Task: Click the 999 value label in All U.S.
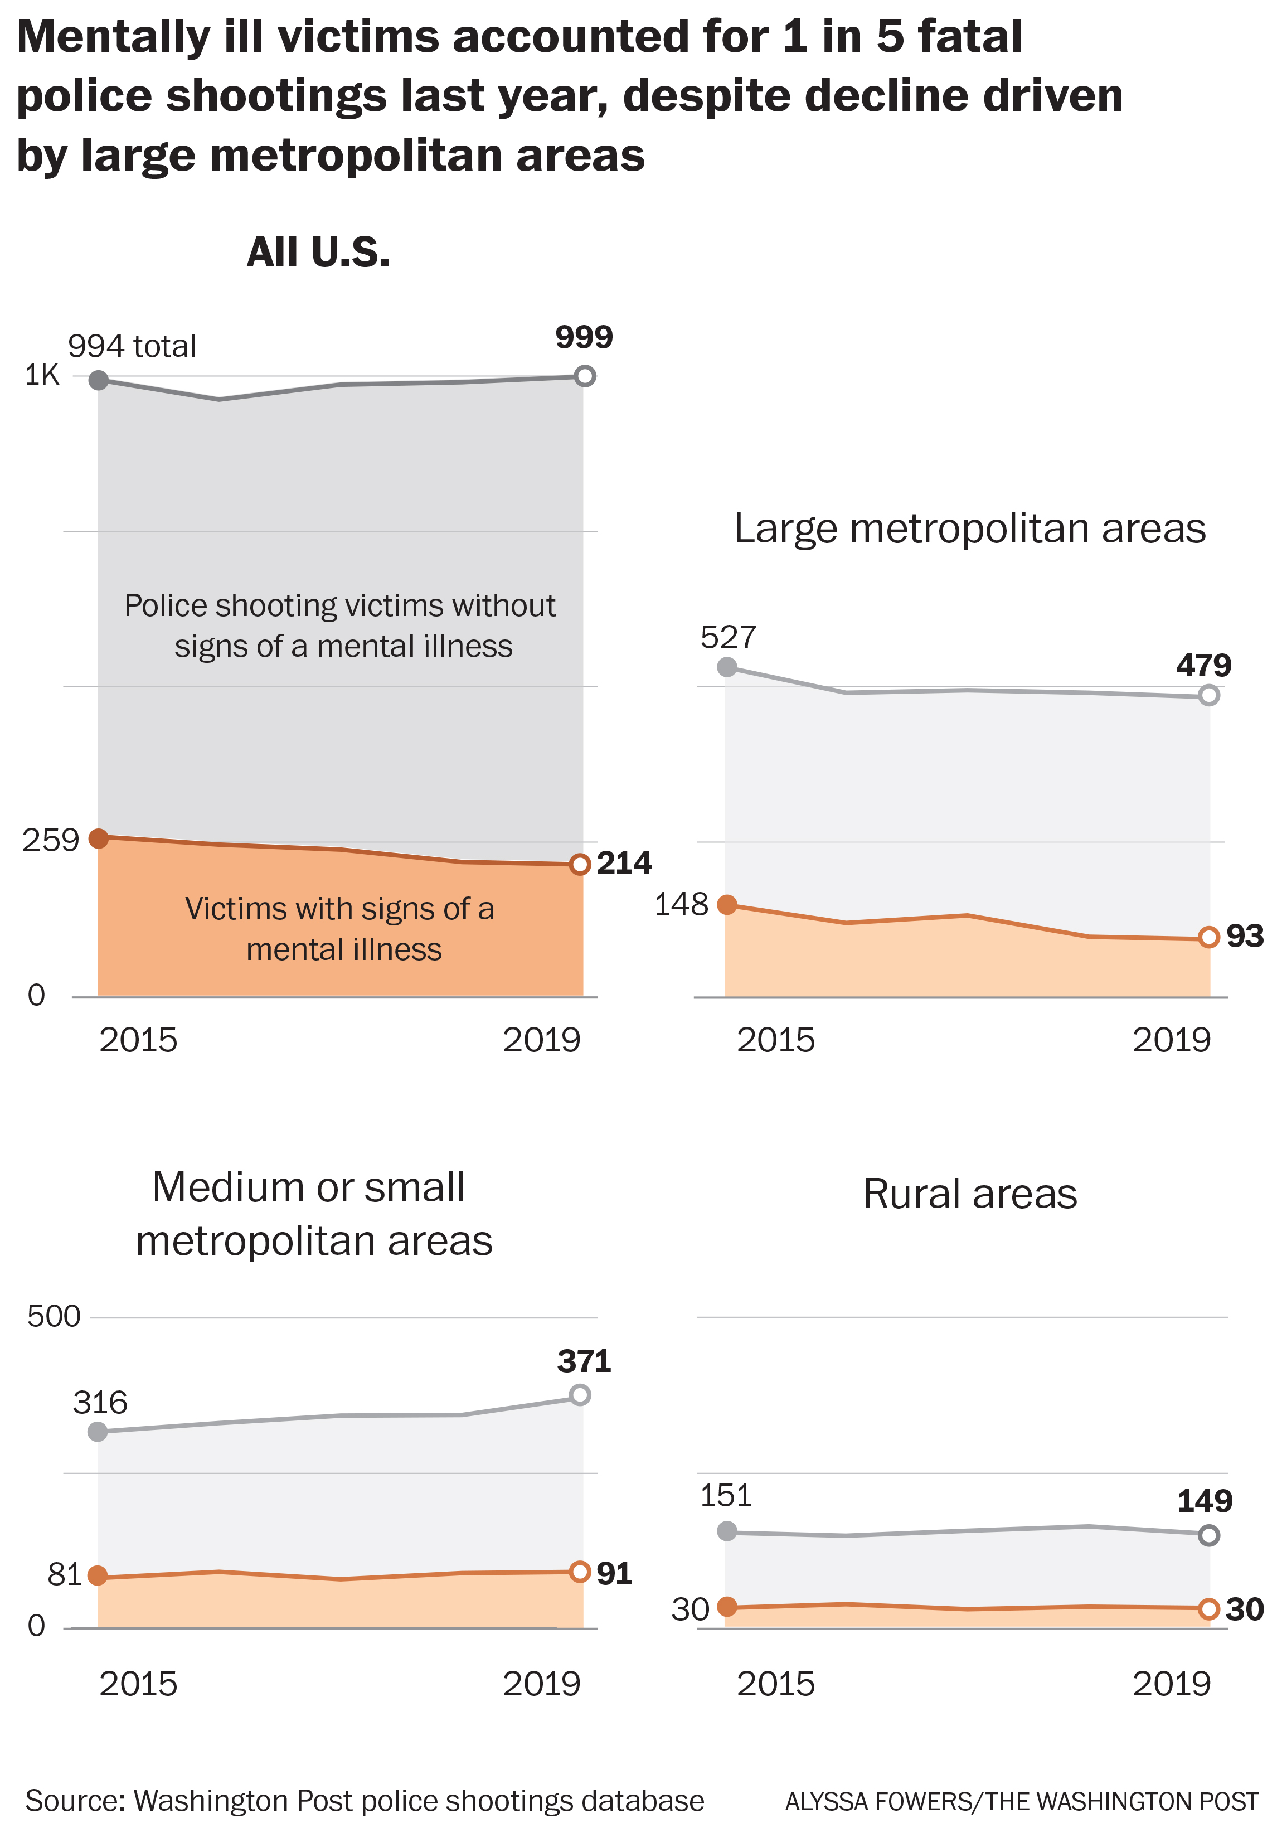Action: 584,337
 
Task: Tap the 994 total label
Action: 132,347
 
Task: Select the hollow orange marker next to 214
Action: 580,864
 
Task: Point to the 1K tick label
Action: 42,375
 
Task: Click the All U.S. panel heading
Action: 318,253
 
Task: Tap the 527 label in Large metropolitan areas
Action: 728,637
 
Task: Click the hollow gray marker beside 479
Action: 1208,695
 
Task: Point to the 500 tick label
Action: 54,1316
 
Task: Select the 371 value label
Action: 584,1362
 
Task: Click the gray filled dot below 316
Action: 98,1432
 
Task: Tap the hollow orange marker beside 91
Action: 580,1572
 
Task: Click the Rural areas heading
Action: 969,1194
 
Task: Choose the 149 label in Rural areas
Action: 1204,1501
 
